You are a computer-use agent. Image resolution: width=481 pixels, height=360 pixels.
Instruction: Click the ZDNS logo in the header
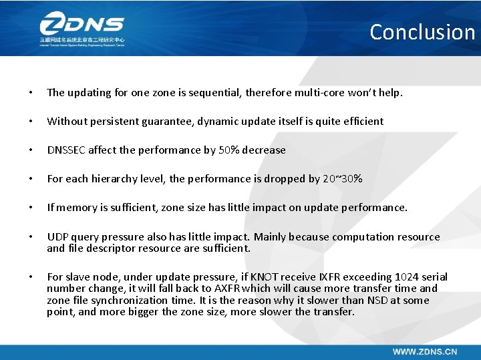tap(82, 27)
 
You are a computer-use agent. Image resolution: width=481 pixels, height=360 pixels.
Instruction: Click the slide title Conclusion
tap(422, 32)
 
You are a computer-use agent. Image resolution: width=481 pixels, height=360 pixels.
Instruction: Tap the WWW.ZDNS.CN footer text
tap(424, 351)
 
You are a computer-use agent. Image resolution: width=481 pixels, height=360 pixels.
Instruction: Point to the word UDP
tap(57, 237)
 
